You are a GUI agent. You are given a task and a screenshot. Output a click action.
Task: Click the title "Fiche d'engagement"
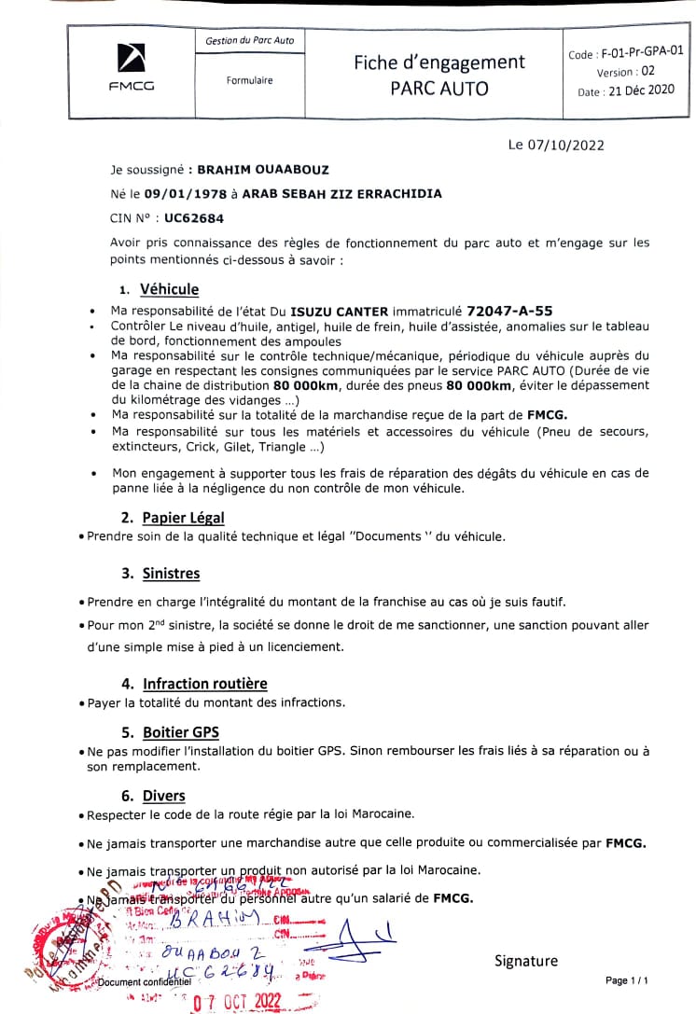point(438,63)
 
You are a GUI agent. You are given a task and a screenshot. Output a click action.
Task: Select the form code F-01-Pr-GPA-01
point(638,53)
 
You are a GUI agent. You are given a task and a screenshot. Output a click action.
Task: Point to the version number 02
point(647,71)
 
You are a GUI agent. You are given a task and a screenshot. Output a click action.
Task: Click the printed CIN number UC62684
point(194,218)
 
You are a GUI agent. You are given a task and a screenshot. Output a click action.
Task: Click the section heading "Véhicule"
point(169,289)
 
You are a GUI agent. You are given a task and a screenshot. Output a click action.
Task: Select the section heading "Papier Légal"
point(183,517)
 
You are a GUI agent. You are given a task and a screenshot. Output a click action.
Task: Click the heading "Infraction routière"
point(204,684)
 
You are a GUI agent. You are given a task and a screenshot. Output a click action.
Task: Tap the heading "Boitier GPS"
point(181,732)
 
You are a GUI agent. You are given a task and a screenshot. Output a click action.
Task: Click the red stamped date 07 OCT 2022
point(236,1001)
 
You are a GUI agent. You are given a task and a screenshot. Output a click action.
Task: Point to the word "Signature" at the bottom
point(526,961)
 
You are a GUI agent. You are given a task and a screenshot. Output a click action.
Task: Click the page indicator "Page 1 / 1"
point(627,980)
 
